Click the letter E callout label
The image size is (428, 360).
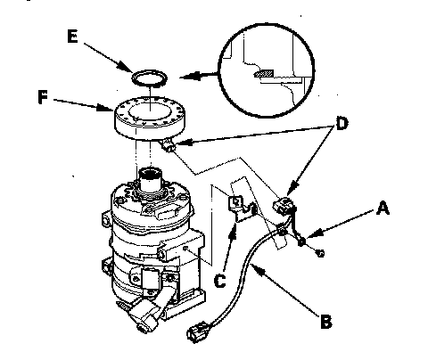(x=72, y=37)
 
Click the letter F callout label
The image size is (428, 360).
(x=43, y=97)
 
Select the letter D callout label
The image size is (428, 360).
(x=342, y=123)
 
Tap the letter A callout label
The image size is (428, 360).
(x=383, y=208)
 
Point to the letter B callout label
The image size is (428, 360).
(x=326, y=321)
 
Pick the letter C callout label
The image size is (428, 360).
(x=220, y=281)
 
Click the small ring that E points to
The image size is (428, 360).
(x=149, y=78)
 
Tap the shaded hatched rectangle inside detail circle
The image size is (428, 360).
(x=264, y=73)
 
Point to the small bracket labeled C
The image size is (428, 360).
(x=242, y=209)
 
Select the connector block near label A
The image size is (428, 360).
(x=284, y=205)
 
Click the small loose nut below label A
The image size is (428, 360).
(x=320, y=253)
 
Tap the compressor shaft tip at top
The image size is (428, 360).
(x=151, y=173)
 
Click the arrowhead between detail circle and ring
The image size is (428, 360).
(x=189, y=76)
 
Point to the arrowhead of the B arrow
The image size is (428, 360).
(x=257, y=267)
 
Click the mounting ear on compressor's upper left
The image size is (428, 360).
(x=107, y=219)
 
